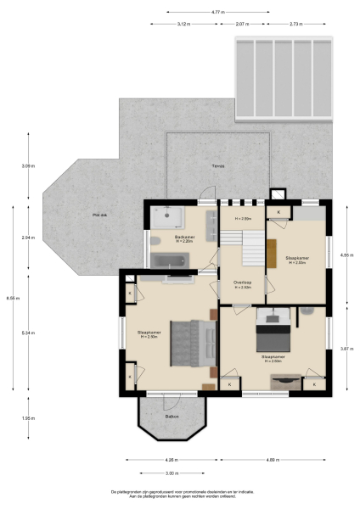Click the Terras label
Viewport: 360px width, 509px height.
pyautogui.click(x=218, y=166)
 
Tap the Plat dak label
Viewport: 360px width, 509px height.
pyautogui.click(x=100, y=215)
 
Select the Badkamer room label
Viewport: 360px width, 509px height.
pyautogui.click(x=184, y=238)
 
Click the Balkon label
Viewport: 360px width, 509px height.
pyautogui.click(x=172, y=417)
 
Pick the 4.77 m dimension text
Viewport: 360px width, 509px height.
pyautogui.click(x=217, y=12)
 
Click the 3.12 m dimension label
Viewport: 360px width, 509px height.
pyautogui.click(x=183, y=24)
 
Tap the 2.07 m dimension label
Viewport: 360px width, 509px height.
pyautogui.click(x=241, y=24)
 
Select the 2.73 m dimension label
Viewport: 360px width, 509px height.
pyautogui.click(x=296, y=24)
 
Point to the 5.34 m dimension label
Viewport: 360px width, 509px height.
pyautogui.click(x=28, y=333)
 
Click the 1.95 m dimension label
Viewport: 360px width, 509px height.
pyautogui.click(x=28, y=418)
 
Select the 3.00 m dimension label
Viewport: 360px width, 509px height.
pyautogui.click(x=171, y=473)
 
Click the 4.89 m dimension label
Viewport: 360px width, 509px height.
pyautogui.click(x=273, y=460)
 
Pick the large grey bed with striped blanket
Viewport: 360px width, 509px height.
pyautogui.click(x=192, y=342)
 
